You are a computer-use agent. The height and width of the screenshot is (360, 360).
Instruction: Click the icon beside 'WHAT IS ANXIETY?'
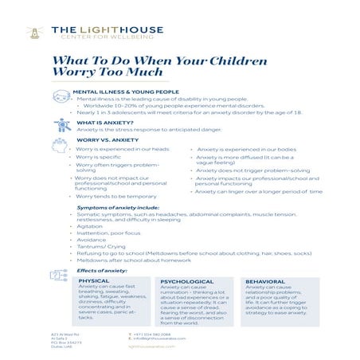[63, 125]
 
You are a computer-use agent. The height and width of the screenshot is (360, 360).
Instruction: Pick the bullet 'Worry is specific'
[98, 158]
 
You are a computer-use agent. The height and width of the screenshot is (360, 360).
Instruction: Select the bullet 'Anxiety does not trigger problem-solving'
[253, 170]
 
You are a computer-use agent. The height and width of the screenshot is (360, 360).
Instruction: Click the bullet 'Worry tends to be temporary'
[115, 196]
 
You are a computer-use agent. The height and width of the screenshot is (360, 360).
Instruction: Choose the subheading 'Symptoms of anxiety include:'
[118, 207]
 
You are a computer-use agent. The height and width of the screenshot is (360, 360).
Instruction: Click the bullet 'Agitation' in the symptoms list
[89, 226]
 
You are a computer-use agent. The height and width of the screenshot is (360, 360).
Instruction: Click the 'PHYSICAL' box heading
[95, 281]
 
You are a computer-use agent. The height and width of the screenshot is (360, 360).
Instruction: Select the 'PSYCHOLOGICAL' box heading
[187, 281]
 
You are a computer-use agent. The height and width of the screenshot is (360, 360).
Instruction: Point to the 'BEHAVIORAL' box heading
[265, 281]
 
